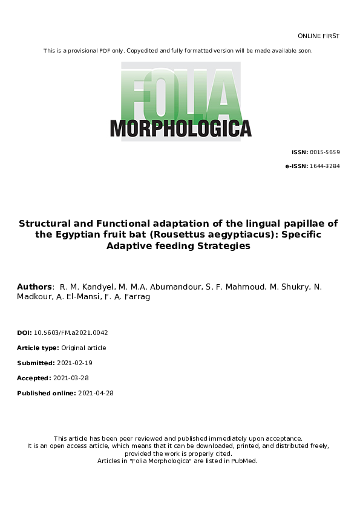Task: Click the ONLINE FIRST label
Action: (319, 36)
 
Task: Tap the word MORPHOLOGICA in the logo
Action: (180, 128)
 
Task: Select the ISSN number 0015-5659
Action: (325, 152)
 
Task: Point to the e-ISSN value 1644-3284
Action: (325, 166)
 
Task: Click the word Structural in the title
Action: (46, 223)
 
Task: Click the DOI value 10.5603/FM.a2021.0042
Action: (71, 332)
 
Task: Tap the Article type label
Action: (38, 348)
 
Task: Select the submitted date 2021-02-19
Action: (76, 363)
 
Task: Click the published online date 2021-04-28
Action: (96, 393)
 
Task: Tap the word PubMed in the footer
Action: (243, 461)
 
